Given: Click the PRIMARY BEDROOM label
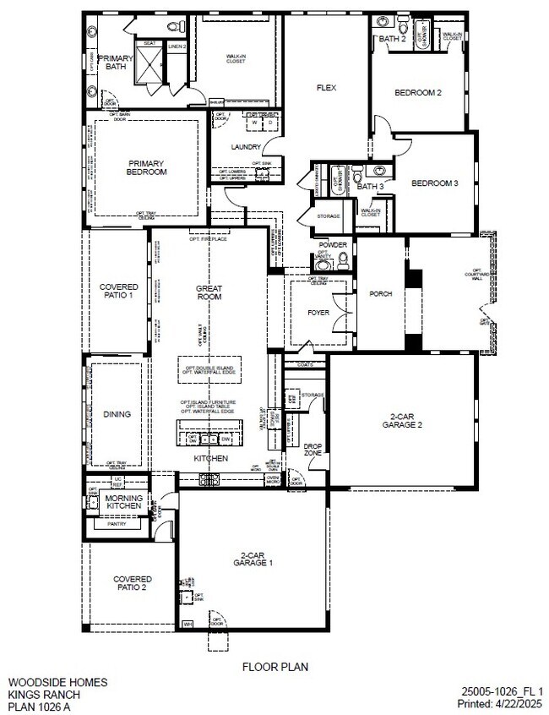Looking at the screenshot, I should click(x=146, y=167).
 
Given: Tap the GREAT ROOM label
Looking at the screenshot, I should click(x=209, y=292).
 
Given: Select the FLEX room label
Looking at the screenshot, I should click(x=326, y=88).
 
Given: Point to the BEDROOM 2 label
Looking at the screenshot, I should click(x=419, y=93).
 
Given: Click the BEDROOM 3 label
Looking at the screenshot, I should click(x=434, y=183).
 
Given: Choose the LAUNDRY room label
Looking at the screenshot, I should click(x=246, y=147).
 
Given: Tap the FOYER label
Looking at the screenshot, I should click(x=318, y=312).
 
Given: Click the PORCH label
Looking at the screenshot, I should click(x=381, y=294).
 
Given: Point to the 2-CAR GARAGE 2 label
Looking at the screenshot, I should click(x=402, y=421).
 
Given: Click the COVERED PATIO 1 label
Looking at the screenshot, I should click(x=118, y=292).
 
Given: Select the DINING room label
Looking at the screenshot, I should click(x=117, y=414).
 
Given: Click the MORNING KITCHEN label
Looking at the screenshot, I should click(x=124, y=502).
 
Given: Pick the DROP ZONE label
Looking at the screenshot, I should click(x=313, y=449).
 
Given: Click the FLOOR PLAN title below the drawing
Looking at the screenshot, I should click(x=275, y=667).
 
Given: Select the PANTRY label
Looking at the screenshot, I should click(x=117, y=524).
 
